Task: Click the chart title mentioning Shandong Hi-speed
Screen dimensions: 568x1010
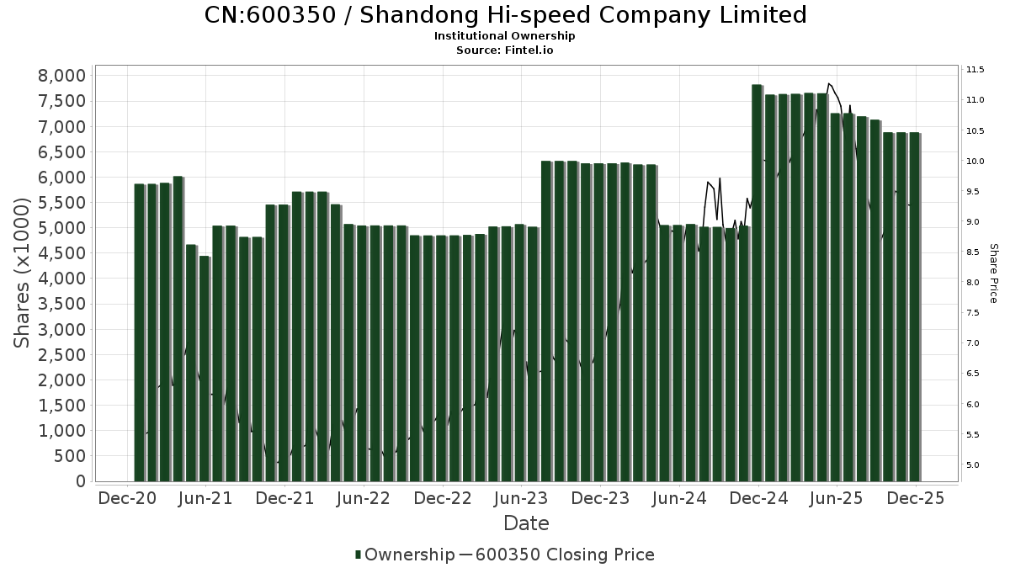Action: click(x=505, y=15)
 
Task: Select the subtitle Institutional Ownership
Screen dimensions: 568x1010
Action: click(x=504, y=36)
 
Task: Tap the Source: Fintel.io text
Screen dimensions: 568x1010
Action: click(x=504, y=50)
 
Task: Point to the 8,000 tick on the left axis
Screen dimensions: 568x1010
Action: click(x=62, y=76)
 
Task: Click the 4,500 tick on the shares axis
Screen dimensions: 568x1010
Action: click(x=62, y=253)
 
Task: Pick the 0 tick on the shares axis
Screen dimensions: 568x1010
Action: click(x=81, y=481)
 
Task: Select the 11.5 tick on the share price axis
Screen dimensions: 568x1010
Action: click(x=975, y=69)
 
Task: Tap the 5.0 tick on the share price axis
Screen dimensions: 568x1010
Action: click(x=973, y=464)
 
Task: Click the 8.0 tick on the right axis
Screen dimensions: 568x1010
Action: click(x=973, y=282)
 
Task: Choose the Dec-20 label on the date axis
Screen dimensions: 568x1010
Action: click(x=127, y=498)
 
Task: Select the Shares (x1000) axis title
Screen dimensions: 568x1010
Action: click(x=23, y=273)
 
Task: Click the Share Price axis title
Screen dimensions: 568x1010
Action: click(x=993, y=273)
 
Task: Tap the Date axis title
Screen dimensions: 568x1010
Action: click(x=526, y=523)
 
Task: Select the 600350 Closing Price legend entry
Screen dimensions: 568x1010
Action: click(x=564, y=555)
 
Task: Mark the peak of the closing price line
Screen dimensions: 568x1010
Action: click(x=829, y=83)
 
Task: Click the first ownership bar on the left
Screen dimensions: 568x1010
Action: click(x=140, y=332)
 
